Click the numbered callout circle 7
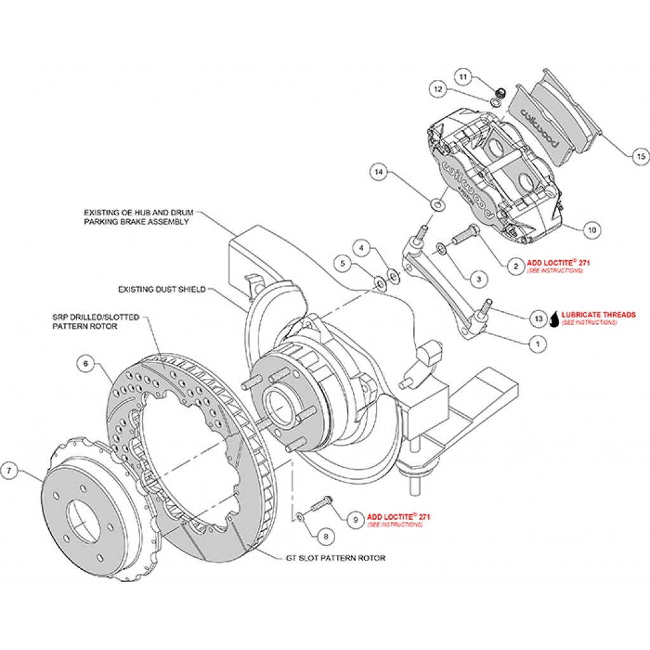tap(10, 471)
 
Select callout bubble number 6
tap(86, 364)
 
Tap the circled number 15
tap(640, 154)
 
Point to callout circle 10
tap(590, 230)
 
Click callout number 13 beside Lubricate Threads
tap(539, 316)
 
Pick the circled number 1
tap(538, 344)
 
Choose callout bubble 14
tap(379, 171)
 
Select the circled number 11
tap(463, 77)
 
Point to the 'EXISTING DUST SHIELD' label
tap(162, 289)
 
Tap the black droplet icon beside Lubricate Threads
tap(554, 319)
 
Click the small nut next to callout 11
tap(500, 93)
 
